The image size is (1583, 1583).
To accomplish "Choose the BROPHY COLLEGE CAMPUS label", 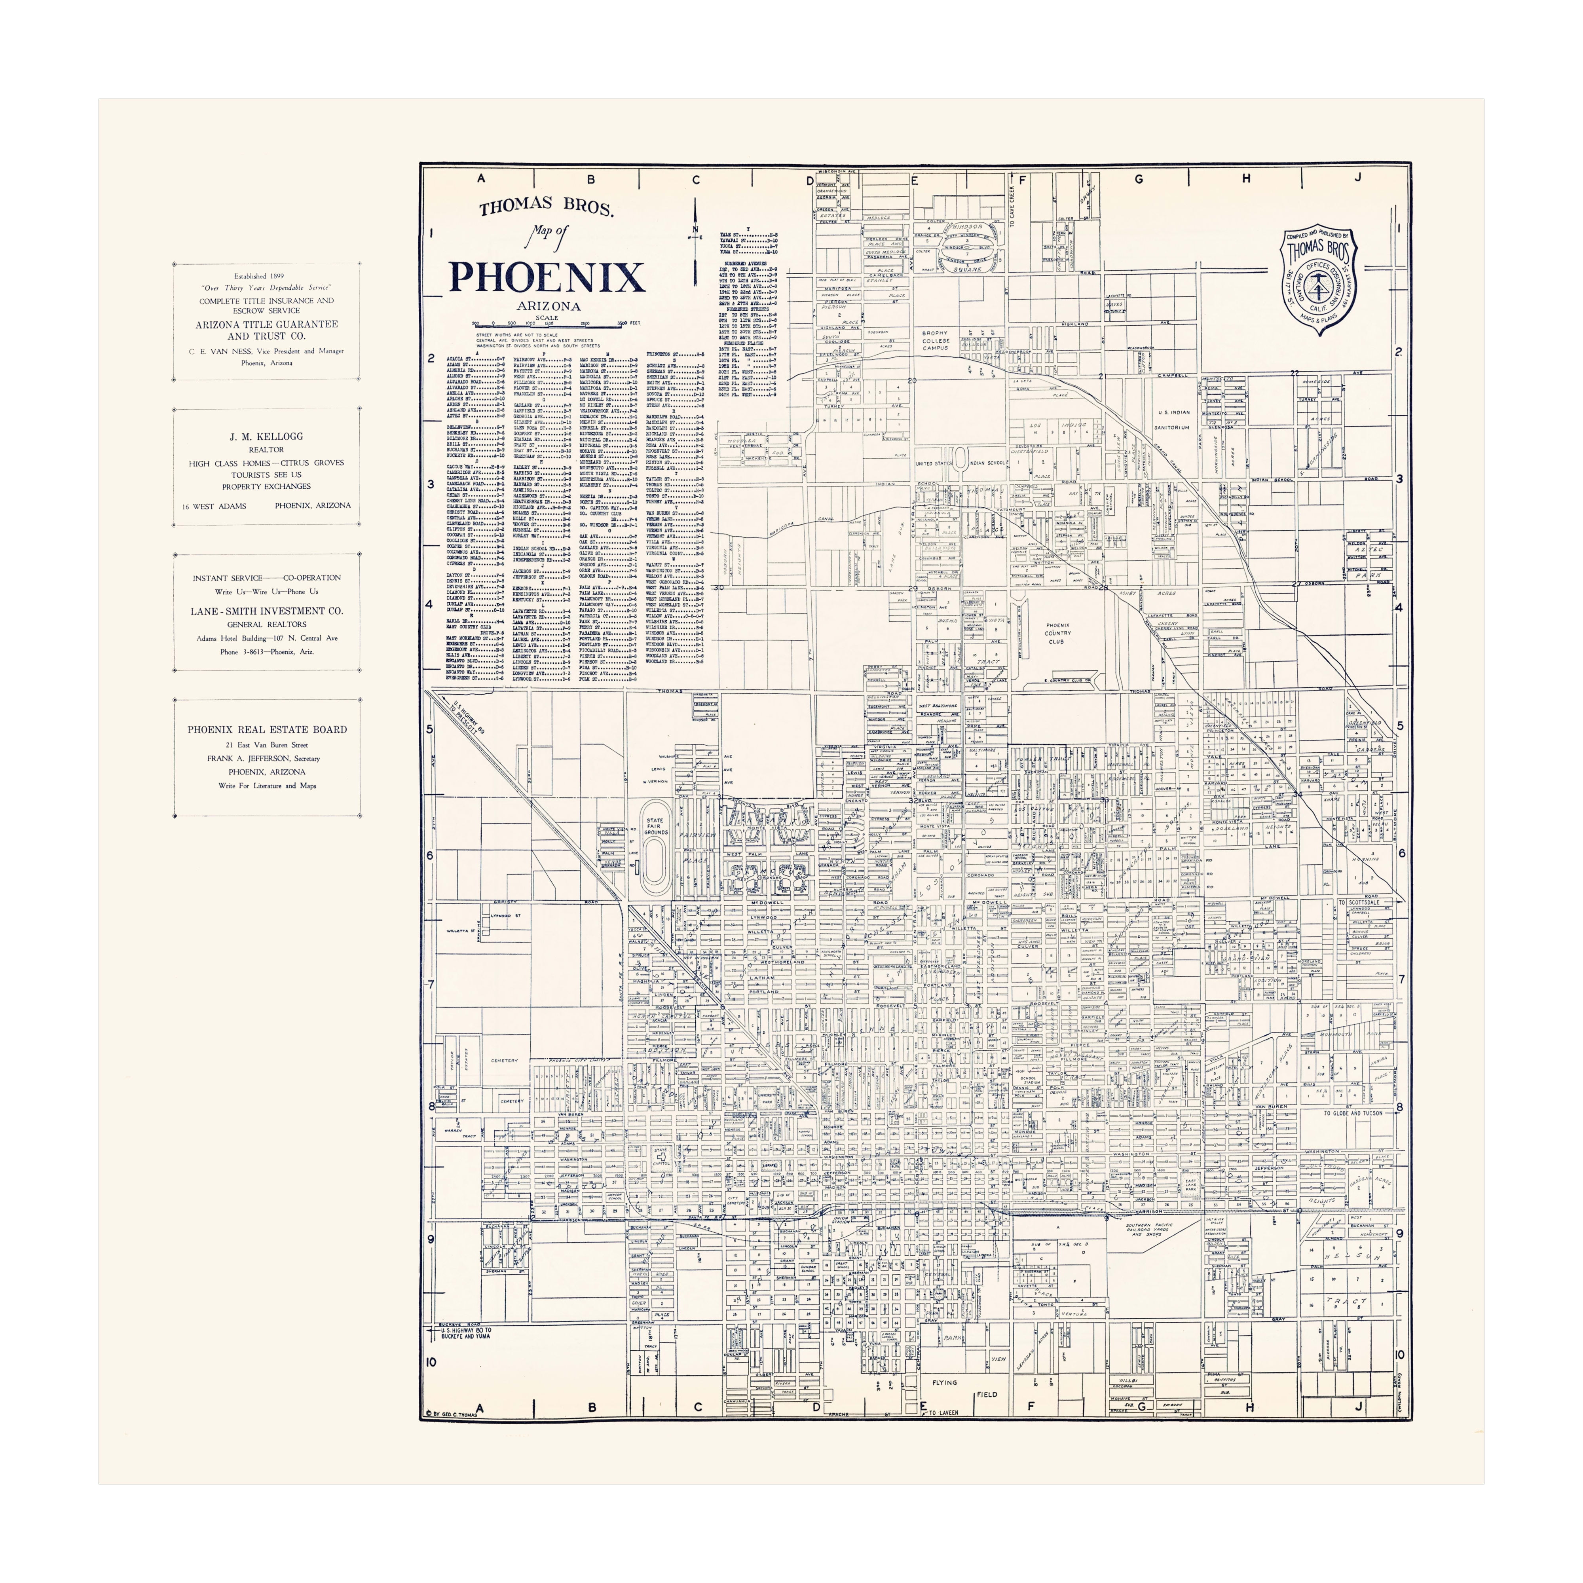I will click(x=935, y=340).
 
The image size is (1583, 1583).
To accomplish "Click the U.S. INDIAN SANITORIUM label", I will click(x=1173, y=419).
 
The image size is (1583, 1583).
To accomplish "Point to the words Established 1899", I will click(x=259, y=276).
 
